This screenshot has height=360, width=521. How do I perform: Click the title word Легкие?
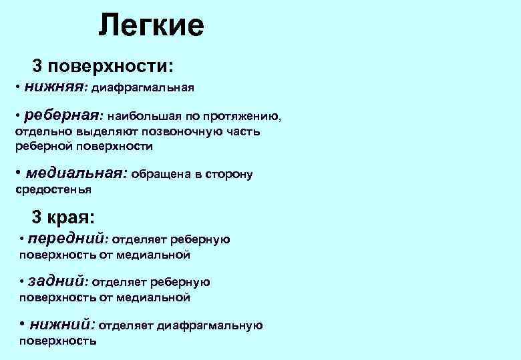(151, 26)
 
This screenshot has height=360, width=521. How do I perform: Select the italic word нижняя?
(55, 86)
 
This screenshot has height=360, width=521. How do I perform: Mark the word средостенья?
(53, 189)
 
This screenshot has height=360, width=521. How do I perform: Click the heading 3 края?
(63, 217)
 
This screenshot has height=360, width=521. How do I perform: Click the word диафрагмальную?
(218, 326)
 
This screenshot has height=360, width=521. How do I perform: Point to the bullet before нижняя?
(17, 87)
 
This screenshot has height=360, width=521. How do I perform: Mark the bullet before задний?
(22, 282)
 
